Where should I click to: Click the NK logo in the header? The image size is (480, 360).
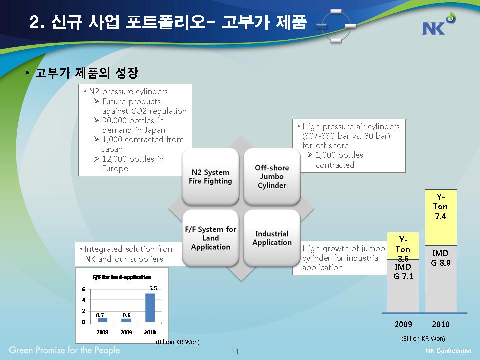[x=439, y=24]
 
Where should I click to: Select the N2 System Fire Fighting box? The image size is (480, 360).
[x=210, y=176]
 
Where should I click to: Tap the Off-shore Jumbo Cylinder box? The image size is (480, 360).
[x=272, y=176]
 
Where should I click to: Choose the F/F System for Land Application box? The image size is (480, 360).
[x=210, y=238]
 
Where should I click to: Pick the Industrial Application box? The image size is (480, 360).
[x=272, y=238]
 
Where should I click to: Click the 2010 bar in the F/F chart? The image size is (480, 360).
[x=150, y=308]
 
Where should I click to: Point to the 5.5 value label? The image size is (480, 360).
[x=153, y=288]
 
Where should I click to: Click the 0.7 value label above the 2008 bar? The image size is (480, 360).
[x=100, y=315]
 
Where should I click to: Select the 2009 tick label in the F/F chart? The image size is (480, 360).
[x=126, y=332]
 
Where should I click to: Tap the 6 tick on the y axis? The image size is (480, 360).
[x=83, y=289]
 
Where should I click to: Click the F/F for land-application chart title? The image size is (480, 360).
[x=122, y=277]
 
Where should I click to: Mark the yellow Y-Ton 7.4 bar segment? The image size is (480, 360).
[x=441, y=218]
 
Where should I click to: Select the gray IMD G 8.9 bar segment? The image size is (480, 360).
[x=441, y=279]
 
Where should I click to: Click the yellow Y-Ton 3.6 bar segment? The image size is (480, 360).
[x=403, y=246]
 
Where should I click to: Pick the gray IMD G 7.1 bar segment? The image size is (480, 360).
[x=403, y=286]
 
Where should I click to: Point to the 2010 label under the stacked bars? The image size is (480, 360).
[x=441, y=324]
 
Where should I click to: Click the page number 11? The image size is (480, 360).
[x=235, y=352]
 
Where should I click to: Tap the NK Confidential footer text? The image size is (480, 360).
[x=449, y=351]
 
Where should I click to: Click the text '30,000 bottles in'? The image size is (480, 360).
[x=133, y=120]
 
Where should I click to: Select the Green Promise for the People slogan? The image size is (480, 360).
[x=64, y=350]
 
